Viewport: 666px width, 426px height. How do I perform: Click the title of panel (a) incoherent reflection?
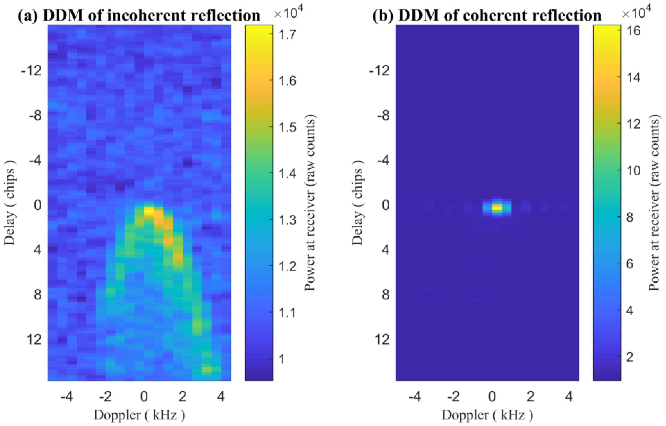click(139, 15)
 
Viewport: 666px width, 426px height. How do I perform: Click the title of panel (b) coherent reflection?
click(487, 15)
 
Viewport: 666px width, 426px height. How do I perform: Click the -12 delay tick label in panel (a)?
click(32, 71)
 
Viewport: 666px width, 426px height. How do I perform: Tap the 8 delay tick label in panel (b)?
click(386, 295)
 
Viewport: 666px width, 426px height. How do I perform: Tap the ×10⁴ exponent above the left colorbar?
click(288, 12)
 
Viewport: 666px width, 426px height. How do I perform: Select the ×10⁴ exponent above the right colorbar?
click(636, 12)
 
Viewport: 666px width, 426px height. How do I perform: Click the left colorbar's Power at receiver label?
click(310, 203)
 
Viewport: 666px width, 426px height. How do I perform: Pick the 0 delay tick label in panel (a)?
click(38, 206)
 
